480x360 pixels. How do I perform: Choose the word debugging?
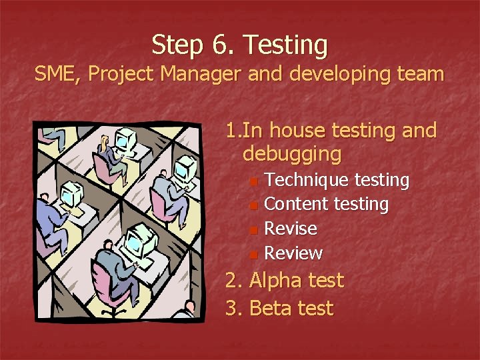click(x=292, y=155)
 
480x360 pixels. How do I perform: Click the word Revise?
click(x=291, y=229)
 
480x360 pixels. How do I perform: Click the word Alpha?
click(x=274, y=281)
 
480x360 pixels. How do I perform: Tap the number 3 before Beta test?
click(x=231, y=309)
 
